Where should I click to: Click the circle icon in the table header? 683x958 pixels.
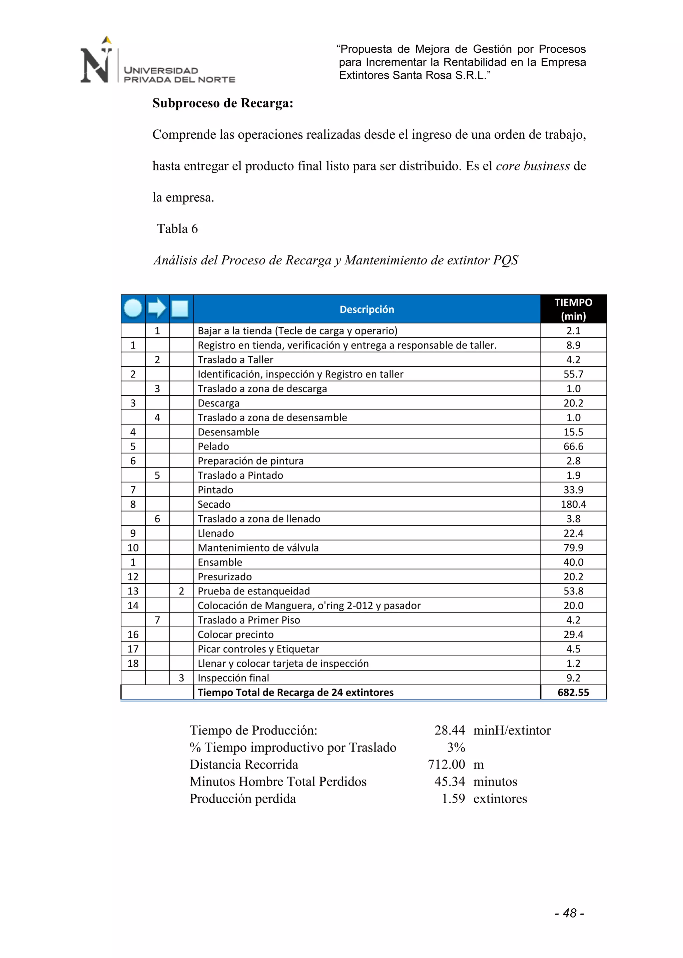coord(133,308)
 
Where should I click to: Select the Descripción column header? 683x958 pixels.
coord(367,309)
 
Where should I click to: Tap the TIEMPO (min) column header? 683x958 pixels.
coord(573,309)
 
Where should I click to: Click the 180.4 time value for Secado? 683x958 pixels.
coord(573,504)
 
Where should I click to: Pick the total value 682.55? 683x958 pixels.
coord(573,692)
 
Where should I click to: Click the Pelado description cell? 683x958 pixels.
coord(214,446)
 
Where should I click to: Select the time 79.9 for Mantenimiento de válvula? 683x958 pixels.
coord(573,548)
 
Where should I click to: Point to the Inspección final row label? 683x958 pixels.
coord(233,678)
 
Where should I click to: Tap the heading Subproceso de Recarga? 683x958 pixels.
coord(222,103)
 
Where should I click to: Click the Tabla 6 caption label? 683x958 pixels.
coord(177,229)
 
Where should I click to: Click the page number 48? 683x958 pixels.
coord(570,913)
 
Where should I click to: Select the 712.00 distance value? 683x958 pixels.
coord(446,764)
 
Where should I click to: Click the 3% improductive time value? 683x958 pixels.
coord(456,747)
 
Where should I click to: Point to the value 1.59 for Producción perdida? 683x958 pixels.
coord(453,798)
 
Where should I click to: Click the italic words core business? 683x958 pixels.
coord(533,166)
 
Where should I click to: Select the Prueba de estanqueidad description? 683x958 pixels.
coord(253,591)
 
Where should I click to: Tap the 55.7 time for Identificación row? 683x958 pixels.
coord(573,374)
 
